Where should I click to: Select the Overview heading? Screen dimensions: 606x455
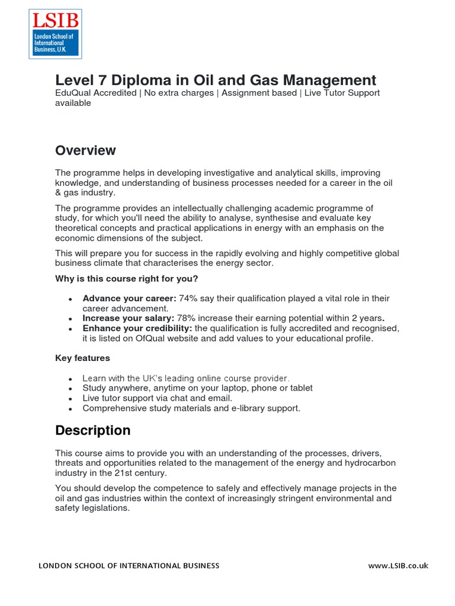85,150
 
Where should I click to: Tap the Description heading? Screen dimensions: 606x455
92,430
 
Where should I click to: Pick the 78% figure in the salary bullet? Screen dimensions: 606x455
187,318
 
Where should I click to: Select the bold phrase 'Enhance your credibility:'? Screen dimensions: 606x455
137,328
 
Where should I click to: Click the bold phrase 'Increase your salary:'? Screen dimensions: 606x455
128,318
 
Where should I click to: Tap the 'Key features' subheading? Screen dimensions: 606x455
82,358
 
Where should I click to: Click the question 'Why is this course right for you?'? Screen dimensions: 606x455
127,278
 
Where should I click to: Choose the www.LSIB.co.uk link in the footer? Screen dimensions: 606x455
398,566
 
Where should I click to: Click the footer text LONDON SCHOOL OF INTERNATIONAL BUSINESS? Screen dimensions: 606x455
129,566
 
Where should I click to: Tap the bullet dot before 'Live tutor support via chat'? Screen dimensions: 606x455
71,399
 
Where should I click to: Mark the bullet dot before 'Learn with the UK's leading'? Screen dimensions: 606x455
71,379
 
